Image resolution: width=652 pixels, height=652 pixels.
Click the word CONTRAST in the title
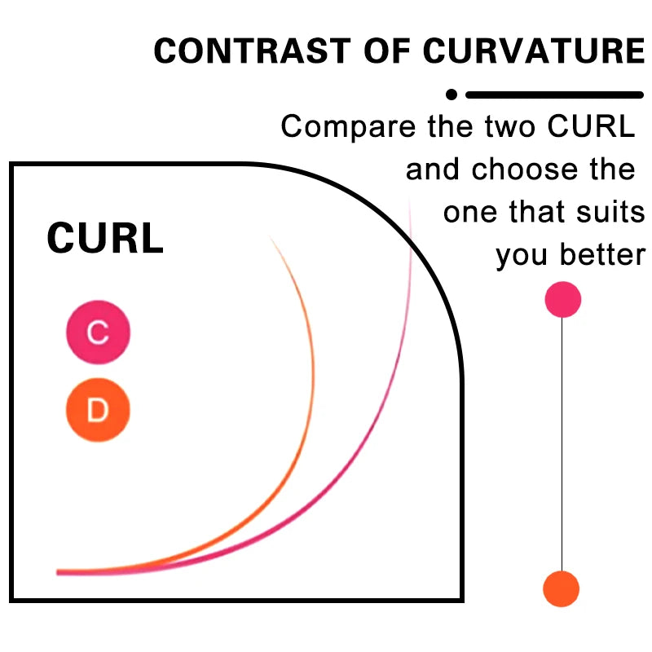tap(253, 51)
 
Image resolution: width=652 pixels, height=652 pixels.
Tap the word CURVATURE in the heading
tap(534, 51)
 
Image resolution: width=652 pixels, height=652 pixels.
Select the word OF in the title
tap(387, 51)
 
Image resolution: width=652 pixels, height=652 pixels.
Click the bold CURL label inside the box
tap(105, 238)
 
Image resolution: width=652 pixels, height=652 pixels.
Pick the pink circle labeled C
tap(98, 333)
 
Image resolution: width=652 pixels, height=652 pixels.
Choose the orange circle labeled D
tap(98, 410)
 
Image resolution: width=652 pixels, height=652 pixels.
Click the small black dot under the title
tap(452, 95)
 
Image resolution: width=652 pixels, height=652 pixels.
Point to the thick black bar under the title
tap(555, 95)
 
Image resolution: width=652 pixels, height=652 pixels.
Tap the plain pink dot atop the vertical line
tap(563, 299)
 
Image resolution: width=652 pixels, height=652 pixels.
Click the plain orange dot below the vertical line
tap(562, 588)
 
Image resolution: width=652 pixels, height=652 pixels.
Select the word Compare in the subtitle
tap(349, 127)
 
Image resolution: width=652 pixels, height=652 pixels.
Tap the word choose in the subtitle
tap(525, 170)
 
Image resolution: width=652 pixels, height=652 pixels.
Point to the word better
tap(602, 254)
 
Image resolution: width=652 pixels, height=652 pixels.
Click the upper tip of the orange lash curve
tap(270, 236)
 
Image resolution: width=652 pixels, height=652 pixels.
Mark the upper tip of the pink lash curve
tap(410, 199)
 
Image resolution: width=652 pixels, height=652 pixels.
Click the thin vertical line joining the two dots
tap(562, 444)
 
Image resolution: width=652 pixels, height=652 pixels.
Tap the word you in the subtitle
tap(522, 256)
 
